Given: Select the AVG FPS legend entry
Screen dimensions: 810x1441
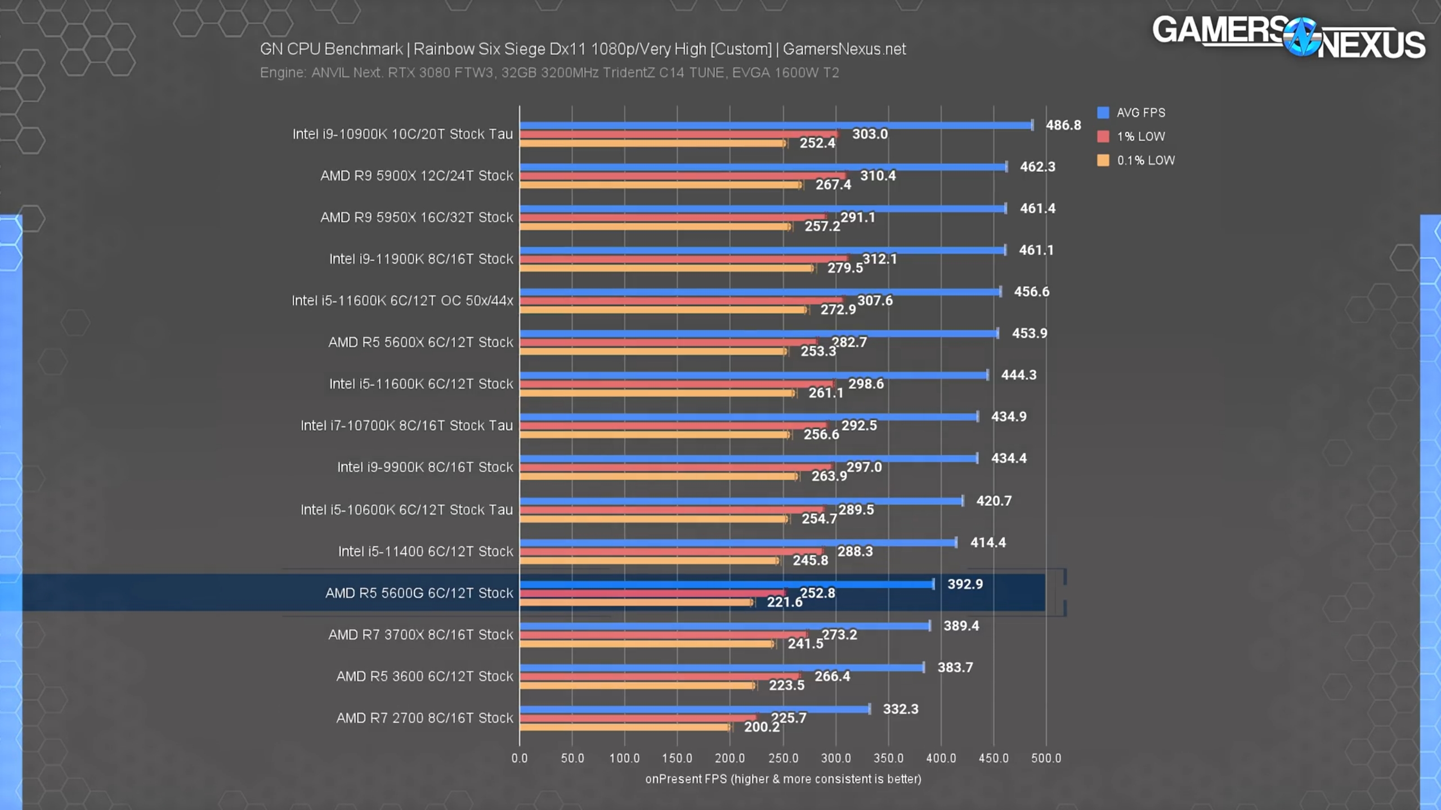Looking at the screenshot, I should click(1131, 112).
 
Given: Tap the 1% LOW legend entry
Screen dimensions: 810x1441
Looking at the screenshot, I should click(1131, 137).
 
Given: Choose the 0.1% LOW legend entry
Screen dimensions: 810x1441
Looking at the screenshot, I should click(1136, 160).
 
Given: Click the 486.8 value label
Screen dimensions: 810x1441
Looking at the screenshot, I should click(1063, 125).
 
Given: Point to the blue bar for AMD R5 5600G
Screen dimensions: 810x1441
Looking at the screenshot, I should click(726, 584).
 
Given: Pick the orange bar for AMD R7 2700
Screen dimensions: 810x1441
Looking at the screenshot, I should click(625, 727).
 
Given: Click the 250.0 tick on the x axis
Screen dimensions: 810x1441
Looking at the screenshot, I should click(783, 758).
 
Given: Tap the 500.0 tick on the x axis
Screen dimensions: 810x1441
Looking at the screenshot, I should click(1046, 758).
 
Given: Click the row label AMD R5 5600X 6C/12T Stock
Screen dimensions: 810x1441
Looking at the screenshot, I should click(420, 342).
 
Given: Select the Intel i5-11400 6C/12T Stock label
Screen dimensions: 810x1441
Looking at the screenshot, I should click(426, 551).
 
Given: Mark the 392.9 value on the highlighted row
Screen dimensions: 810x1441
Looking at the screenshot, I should click(965, 584).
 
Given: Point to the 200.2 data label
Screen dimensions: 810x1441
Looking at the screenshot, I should click(762, 727).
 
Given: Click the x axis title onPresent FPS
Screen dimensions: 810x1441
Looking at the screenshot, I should click(783, 779).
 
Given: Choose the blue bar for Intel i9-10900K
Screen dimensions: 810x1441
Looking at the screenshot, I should click(776, 125).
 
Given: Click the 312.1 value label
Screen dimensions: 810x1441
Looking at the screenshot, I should click(879, 259).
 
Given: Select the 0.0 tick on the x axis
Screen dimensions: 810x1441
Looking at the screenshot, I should click(519, 758).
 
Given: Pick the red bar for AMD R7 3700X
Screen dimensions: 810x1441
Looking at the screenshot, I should click(663, 635).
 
